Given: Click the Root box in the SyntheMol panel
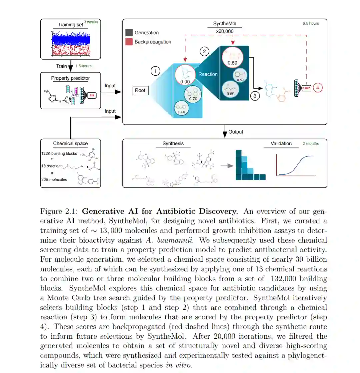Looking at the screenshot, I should (x=140, y=90).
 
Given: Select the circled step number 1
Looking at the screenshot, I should (x=155, y=71).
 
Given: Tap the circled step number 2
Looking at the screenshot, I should (x=204, y=51).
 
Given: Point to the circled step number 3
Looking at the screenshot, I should (x=255, y=96).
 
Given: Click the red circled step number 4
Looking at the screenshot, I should (x=317, y=88).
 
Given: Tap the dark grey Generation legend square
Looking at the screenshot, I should (x=129, y=33).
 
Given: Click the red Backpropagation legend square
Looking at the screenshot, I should (x=129, y=42).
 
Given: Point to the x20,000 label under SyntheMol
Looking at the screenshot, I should (x=225, y=31).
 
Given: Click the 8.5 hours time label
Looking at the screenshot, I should (x=311, y=23).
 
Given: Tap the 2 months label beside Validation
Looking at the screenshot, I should (x=311, y=144).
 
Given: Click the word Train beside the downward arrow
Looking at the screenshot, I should (x=61, y=66).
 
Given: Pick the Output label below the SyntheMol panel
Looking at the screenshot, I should (x=236, y=132).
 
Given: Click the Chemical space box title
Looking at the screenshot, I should (x=70, y=144).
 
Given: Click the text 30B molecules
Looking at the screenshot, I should (x=55, y=179).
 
